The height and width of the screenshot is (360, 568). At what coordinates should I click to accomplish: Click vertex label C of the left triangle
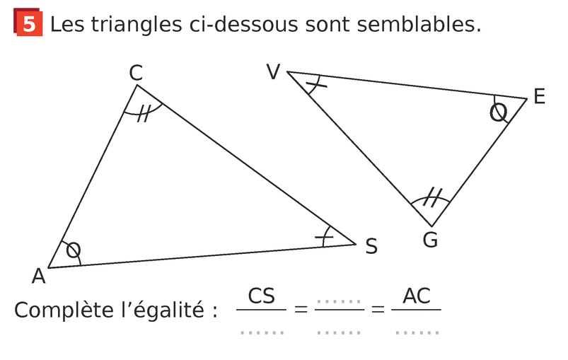136,72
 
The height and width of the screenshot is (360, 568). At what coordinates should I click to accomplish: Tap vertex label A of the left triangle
38,276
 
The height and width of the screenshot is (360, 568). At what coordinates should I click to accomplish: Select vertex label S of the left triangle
371,247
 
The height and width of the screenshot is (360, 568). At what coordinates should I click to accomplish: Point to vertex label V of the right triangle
274,72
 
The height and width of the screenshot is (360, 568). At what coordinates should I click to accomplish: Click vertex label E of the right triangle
540,97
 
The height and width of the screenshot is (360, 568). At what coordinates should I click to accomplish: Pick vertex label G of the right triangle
430,240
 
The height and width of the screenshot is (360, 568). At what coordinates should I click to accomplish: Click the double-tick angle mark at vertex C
144,112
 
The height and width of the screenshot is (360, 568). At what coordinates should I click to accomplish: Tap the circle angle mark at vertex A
73,250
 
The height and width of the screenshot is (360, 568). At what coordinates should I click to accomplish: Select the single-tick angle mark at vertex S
326,236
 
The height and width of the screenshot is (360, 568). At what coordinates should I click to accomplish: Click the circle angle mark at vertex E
499,112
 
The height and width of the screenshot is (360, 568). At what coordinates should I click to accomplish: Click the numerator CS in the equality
262,296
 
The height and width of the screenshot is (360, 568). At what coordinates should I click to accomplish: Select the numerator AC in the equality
417,296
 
